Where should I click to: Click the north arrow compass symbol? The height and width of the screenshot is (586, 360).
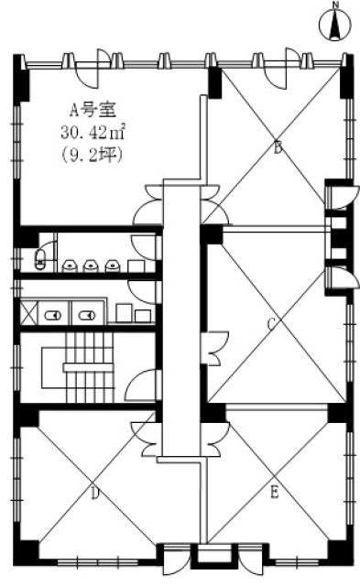(x=335, y=25)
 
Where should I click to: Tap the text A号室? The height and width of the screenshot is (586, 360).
(x=93, y=110)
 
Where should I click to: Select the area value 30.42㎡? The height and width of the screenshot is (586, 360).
(x=93, y=132)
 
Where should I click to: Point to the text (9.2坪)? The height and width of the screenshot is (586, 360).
(x=92, y=155)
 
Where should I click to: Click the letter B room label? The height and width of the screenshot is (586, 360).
(x=278, y=148)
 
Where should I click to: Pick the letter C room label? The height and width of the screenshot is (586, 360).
(x=272, y=323)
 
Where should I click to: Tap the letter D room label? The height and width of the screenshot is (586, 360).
(x=95, y=494)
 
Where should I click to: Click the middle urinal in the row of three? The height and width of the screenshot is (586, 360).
(x=91, y=266)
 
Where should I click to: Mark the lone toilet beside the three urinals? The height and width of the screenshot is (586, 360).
(x=39, y=258)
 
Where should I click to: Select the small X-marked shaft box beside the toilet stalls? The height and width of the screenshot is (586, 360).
(x=29, y=313)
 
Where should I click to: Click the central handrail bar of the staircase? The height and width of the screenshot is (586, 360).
(x=88, y=367)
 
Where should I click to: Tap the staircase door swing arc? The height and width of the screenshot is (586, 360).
(x=138, y=382)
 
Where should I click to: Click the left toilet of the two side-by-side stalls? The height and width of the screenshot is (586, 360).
(x=53, y=316)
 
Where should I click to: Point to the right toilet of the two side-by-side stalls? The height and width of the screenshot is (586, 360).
(x=87, y=316)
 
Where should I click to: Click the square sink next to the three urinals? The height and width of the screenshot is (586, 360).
(x=136, y=266)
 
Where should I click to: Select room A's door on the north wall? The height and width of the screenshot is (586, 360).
(x=93, y=69)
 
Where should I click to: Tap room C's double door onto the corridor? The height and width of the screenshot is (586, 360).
(x=215, y=348)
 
